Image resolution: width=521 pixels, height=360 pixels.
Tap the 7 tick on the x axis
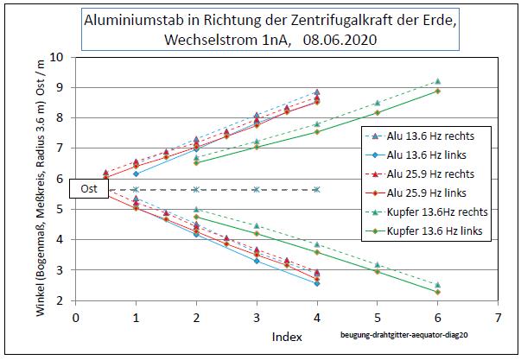click(x=498, y=317)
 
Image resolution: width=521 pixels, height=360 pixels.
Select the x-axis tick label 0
click(x=76, y=317)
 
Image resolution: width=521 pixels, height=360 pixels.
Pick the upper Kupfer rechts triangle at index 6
click(x=438, y=81)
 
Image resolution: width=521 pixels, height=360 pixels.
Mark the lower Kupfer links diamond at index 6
click(x=438, y=292)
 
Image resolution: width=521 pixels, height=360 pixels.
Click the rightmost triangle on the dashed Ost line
click(x=317, y=189)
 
